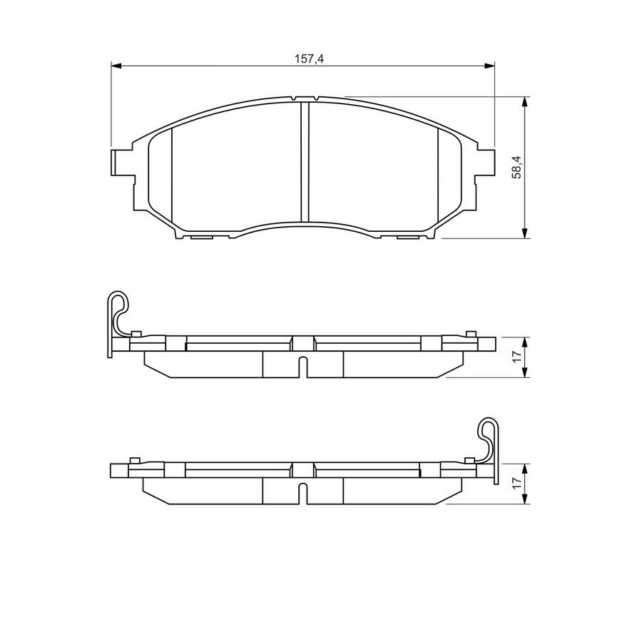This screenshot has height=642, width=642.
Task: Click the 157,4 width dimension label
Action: click(309, 59)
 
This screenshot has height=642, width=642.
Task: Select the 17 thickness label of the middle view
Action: click(518, 356)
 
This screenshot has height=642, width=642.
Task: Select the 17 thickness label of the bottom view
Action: click(518, 482)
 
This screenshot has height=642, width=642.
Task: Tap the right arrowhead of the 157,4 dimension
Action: click(489, 66)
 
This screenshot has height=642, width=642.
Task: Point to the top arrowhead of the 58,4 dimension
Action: click(524, 102)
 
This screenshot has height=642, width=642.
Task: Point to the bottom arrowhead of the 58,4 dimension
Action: click(524, 233)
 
